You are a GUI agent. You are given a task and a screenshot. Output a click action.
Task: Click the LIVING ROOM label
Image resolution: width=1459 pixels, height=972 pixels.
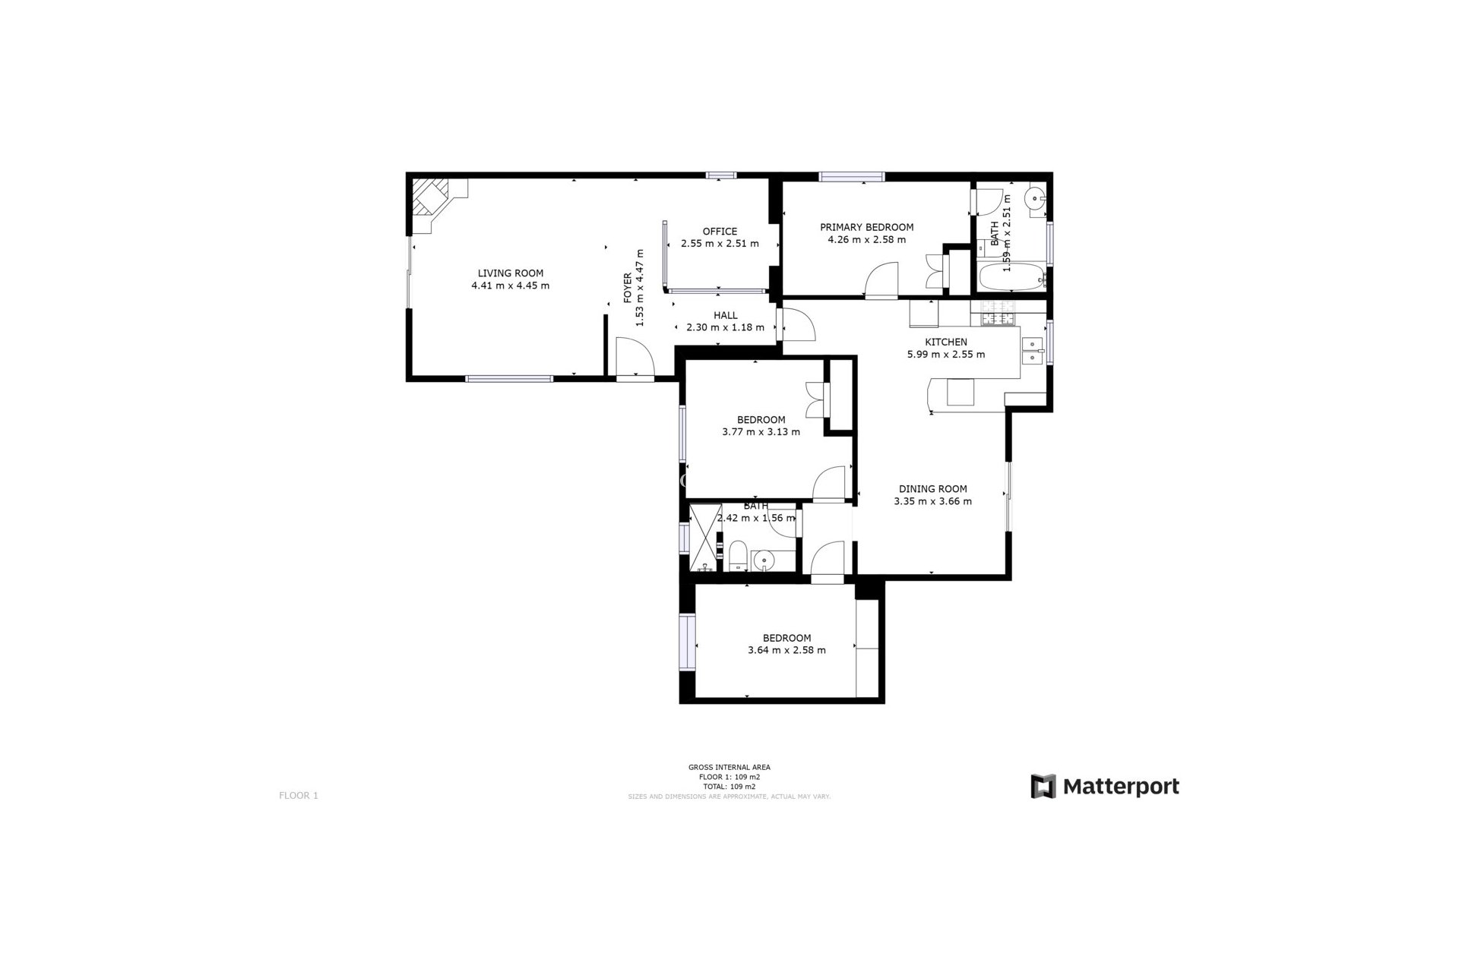click(x=510, y=273)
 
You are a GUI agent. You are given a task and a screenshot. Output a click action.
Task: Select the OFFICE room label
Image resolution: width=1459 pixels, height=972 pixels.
click(x=719, y=232)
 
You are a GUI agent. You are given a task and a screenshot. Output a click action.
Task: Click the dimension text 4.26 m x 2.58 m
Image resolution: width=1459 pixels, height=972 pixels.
click(x=866, y=240)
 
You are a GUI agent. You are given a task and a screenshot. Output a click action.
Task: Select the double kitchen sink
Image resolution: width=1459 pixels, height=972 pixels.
click(x=1031, y=351)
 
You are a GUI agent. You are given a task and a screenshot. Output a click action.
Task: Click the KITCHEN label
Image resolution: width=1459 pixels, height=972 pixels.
click(x=945, y=342)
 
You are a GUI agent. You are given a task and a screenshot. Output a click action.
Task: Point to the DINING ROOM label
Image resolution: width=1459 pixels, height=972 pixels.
click(x=932, y=489)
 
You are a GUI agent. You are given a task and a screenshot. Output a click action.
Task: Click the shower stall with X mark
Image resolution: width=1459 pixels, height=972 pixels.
click(x=704, y=538)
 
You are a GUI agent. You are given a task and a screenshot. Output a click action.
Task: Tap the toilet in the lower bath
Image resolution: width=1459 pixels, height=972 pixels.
click(x=737, y=557)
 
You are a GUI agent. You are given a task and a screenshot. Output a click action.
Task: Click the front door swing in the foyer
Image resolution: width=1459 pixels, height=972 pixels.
click(x=635, y=358)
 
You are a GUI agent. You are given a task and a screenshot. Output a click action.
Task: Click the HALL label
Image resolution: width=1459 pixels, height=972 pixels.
click(x=725, y=316)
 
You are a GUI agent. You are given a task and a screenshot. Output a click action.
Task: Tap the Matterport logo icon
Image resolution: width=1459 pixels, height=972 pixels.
click(x=1043, y=786)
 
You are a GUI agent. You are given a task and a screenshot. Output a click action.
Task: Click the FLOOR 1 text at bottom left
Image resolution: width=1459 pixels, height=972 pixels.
click(x=299, y=796)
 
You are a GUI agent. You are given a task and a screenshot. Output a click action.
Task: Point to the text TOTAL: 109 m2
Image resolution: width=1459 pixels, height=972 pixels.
click(x=729, y=787)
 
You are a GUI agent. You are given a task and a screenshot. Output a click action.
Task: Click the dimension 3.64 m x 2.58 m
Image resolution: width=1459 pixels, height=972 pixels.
click(x=786, y=650)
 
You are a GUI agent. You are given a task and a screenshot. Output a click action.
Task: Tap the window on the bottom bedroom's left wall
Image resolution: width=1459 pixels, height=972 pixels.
click(x=687, y=642)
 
